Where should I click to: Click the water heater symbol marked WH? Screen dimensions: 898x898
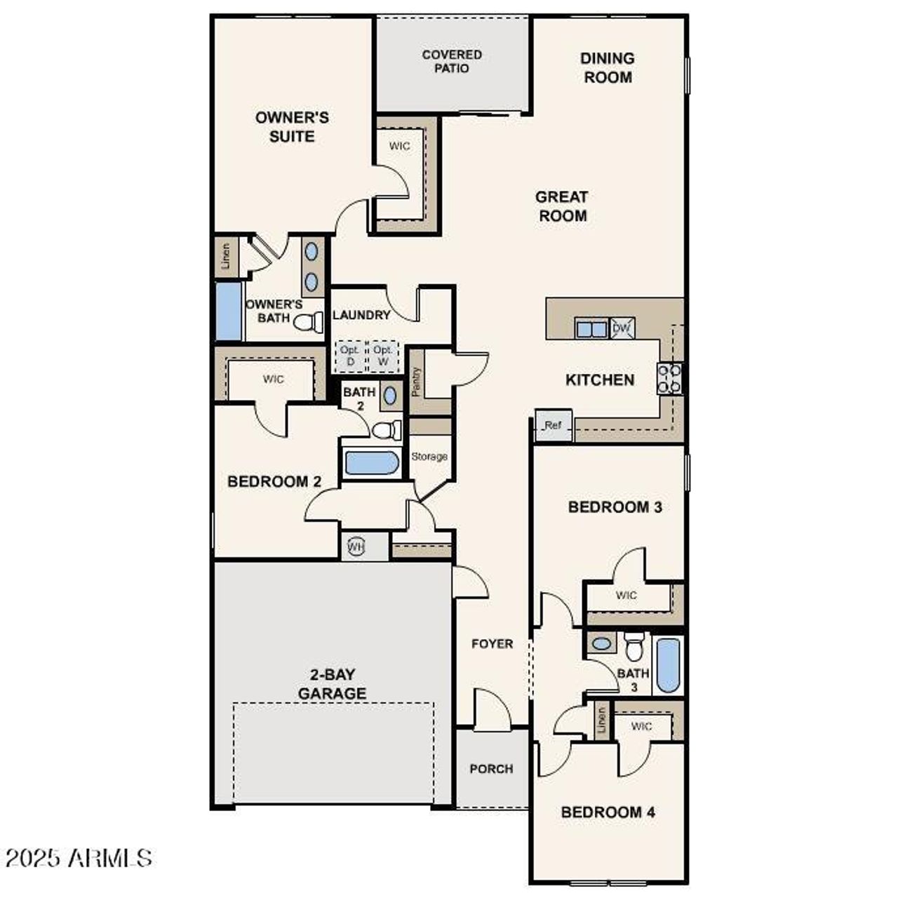pyautogui.click(x=356, y=547)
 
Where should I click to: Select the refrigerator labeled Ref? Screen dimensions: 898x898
pyautogui.click(x=554, y=425)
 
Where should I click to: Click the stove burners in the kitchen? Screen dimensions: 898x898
pyautogui.click(x=669, y=378)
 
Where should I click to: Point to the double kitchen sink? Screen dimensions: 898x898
pyautogui.click(x=591, y=328)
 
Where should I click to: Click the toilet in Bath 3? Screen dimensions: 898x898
pyautogui.click(x=634, y=646)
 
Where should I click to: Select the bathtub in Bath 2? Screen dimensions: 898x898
pyautogui.click(x=371, y=463)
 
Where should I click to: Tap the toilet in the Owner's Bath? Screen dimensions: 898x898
pyautogui.click(x=308, y=322)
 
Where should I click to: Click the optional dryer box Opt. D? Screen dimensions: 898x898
pyautogui.click(x=350, y=356)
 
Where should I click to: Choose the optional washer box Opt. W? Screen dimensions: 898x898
pyautogui.click(x=383, y=356)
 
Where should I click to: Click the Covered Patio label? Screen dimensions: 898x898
pyautogui.click(x=452, y=61)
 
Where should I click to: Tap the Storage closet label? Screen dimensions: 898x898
pyautogui.click(x=429, y=457)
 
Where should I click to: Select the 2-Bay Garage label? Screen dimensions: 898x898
pyautogui.click(x=332, y=684)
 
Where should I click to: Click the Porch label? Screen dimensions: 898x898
pyautogui.click(x=491, y=769)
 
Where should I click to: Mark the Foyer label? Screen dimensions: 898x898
pyautogui.click(x=492, y=644)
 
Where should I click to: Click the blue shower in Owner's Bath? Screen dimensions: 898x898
pyautogui.click(x=228, y=311)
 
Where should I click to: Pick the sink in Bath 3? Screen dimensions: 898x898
pyautogui.click(x=601, y=643)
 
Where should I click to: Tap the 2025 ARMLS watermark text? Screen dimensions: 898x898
pyautogui.click(x=79, y=857)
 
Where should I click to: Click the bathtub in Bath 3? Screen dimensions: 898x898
pyautogui.click(x=669, y=665)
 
